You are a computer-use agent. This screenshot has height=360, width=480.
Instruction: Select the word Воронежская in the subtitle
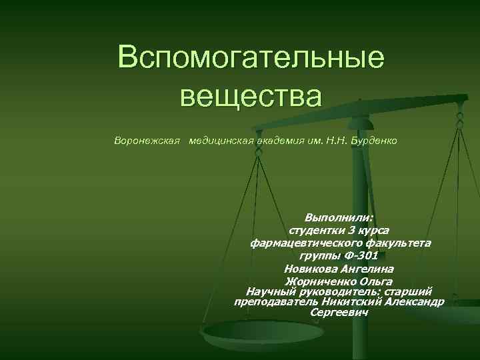click(x=147, y=141)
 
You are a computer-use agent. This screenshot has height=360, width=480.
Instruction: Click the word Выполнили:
click(x=339, y=218)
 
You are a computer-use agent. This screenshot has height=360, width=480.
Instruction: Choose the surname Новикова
click(x=308, y=269)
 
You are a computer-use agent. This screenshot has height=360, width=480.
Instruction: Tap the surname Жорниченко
click(x=321, y=281)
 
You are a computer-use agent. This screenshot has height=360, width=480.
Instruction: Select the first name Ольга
click(x=376, y=281)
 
